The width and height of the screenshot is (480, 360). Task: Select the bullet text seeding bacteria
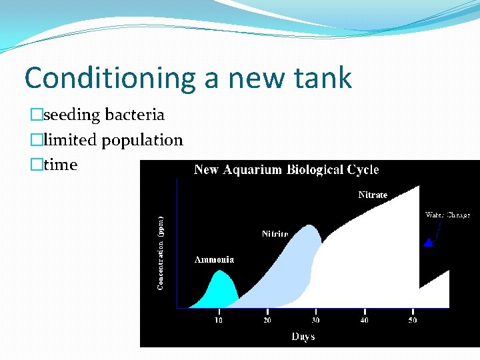coord(103,115)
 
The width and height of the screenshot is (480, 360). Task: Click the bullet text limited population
coord(113,140)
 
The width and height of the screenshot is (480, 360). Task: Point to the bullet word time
coord(60,165)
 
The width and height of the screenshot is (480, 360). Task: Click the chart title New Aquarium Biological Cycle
coord(286,170)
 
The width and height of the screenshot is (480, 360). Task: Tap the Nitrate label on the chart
coord(373,195)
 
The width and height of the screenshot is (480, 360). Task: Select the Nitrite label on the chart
coord(275,234)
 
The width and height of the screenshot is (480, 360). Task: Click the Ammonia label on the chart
coord(214,260)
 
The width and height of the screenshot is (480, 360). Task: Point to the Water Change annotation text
coord(447,215)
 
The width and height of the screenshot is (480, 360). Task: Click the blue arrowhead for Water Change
coord(428,243)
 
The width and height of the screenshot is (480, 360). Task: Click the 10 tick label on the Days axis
coord(219,321)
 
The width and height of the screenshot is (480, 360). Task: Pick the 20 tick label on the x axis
coord(267,321)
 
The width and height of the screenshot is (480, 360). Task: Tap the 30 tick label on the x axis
coord(315,321)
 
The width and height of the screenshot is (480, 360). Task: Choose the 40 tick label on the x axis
coord(364,321)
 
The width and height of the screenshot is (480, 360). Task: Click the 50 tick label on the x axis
coord(413,321)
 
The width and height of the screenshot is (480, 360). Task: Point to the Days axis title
coord(303,337)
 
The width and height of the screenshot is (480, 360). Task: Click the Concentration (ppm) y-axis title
coord(160,252)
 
